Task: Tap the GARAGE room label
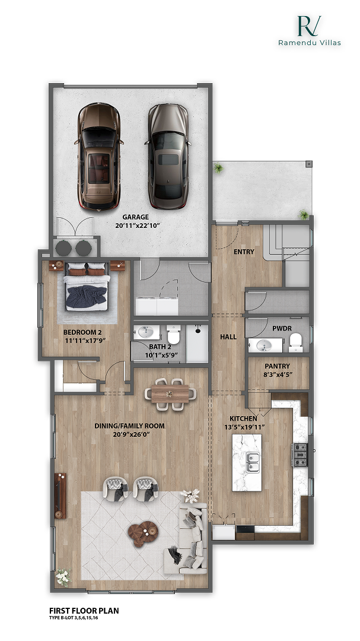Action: pyautogui.click(x=135, y=217)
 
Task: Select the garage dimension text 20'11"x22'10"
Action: pyautogui.click(x=138, y=226)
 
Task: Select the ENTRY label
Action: pyautogui.click(x=244, y=252)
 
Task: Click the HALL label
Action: pyautogui.click(x=228, y=337)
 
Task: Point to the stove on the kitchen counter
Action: pyautogui.click(x=300, y=455)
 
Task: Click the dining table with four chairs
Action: pyautogui.click(x=170, y=394)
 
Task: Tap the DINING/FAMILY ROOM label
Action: pyautogui.click(x=129, y=426)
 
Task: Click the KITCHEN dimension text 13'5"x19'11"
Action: pyautogui.click(x=244, y=427)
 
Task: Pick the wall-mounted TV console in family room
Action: pyautogui.click(x=60, y=496)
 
